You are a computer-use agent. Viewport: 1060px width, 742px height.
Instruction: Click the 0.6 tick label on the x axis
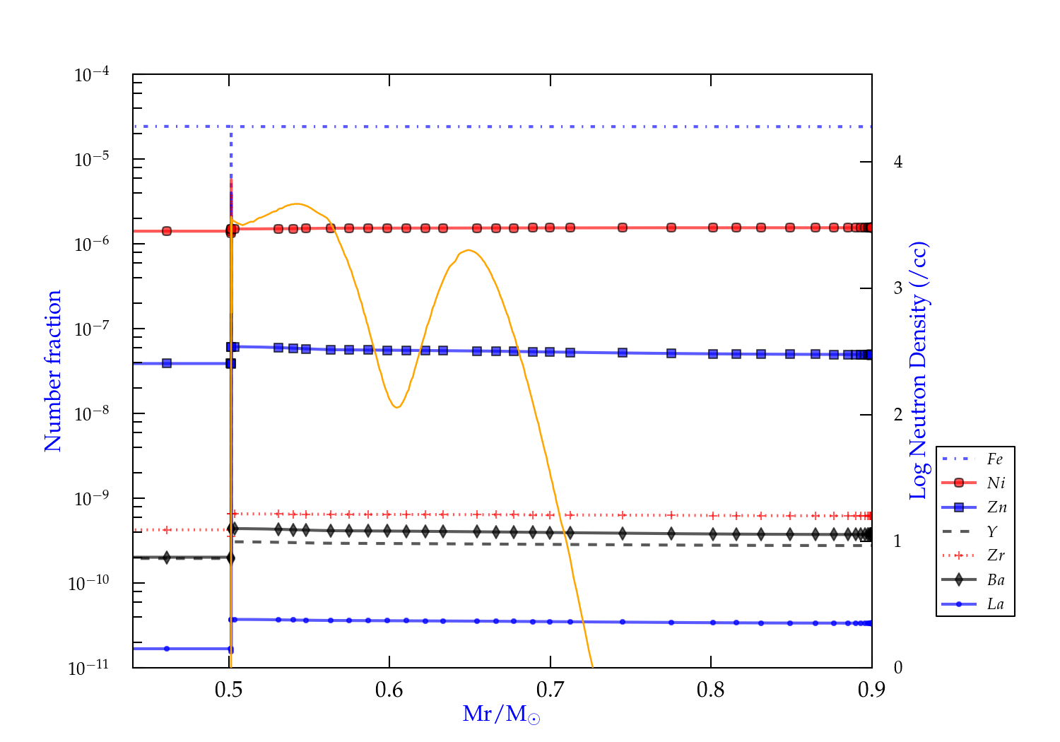(389, 690)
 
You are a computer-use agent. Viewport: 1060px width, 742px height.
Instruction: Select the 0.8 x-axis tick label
(710, 690)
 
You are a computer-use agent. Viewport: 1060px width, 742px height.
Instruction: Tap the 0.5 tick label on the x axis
(228, 690)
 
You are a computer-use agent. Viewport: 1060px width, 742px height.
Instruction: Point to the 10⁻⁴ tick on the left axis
(92, 75)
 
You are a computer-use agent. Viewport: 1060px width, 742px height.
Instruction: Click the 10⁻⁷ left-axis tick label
(92, 329)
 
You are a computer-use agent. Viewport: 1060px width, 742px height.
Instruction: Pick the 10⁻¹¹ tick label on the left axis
(89, 669)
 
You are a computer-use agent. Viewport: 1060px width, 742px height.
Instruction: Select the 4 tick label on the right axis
(898, 162)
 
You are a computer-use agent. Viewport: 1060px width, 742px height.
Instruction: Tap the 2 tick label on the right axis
(898, 414)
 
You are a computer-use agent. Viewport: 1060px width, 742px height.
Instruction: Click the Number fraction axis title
(53, 371)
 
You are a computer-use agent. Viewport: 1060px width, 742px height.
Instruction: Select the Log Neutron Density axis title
(919, 371)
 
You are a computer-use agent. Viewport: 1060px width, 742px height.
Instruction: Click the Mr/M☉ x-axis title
(501, 714)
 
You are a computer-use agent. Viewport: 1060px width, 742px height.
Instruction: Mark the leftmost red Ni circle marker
(167, 231)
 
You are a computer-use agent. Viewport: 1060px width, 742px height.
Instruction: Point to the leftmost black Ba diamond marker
(167, 558)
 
